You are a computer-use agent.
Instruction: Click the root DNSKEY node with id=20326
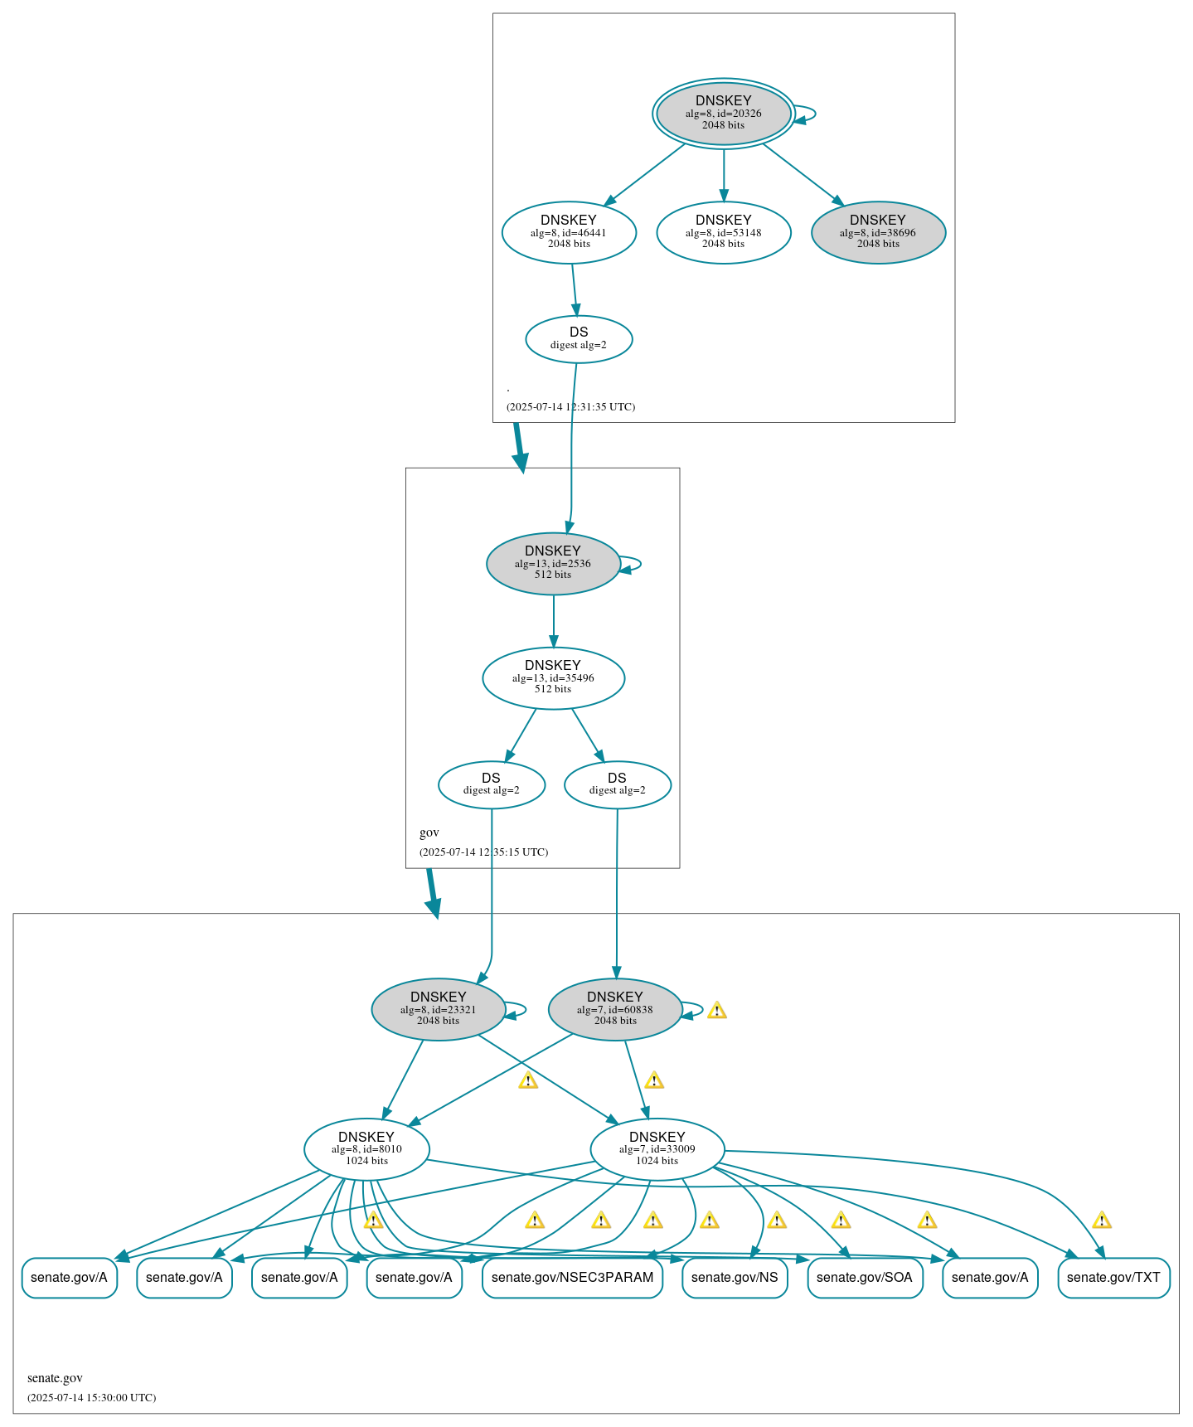tap(723, 114)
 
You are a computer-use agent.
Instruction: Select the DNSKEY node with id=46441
tap(569, 232)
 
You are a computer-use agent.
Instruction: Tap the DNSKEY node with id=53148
tap(723, 232)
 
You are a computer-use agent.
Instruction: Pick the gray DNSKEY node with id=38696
tap(878, 232)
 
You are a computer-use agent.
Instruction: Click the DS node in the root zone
tap(579, 338)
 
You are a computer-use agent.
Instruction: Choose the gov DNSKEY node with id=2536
tap(553, 563)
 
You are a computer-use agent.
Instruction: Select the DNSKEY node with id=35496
tap(553, 677)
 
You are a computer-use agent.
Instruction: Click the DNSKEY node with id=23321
tap(439, 1009)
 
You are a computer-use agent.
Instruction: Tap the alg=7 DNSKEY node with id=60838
tap(615, 1009)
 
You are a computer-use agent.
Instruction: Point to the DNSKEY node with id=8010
tap(366, 1149)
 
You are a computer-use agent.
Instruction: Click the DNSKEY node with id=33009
tap(657, 1149)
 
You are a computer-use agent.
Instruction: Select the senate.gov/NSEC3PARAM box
tap(572, 1278)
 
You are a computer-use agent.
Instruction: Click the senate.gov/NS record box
tap(735, 1278)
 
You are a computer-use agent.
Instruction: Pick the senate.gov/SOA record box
tap(865, 1278)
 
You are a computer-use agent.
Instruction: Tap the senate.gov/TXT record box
tap(1113, 1278)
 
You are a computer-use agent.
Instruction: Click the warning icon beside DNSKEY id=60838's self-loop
tap(717, 1010)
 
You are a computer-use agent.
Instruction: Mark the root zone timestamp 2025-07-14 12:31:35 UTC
tap(570, 407)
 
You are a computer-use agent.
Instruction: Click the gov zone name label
tap(429, 832)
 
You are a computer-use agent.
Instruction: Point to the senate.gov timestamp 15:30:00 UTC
tap(91, 1398)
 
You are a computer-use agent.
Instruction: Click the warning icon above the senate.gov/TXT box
tap(1101, 1220)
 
